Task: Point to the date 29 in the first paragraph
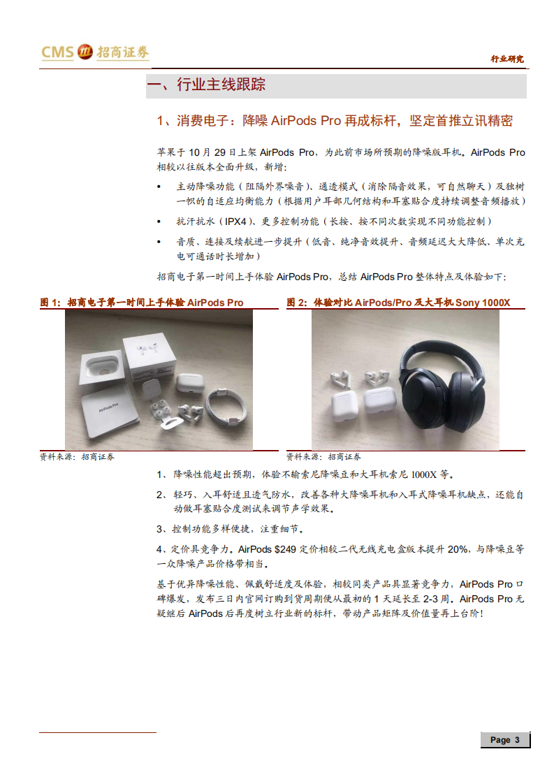(210, 152)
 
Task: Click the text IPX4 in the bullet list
(235, 222)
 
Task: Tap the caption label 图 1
(50, 303)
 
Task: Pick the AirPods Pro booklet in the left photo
(109, 416)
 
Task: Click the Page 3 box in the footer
(504, 740)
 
